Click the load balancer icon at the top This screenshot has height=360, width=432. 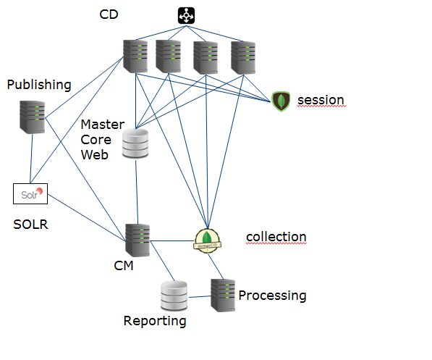point(186,15)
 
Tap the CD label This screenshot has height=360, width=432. point(109,14)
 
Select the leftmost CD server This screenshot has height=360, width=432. point(135,56)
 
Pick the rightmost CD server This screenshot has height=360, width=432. point(243,58)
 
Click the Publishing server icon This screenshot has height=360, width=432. point(33,117)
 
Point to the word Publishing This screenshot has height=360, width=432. point(39,85)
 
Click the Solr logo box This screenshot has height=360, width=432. point(30,193)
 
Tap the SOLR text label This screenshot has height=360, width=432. point(30,225)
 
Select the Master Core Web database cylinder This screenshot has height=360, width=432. point(135,143)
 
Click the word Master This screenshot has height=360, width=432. point(103,125)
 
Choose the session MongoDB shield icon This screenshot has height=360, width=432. point(281,101)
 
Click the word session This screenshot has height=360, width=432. point(321,100)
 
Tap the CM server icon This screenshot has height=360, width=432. point(137,240)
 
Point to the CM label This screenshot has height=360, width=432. point(124,266)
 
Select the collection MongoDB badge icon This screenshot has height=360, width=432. point(207,240)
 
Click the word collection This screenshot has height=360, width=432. point(276,237)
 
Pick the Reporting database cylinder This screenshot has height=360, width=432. point(174,296)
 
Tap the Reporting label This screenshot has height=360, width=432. point(155,321)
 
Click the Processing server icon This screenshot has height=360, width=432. point(223,296)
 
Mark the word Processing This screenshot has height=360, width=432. point(272,296)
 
